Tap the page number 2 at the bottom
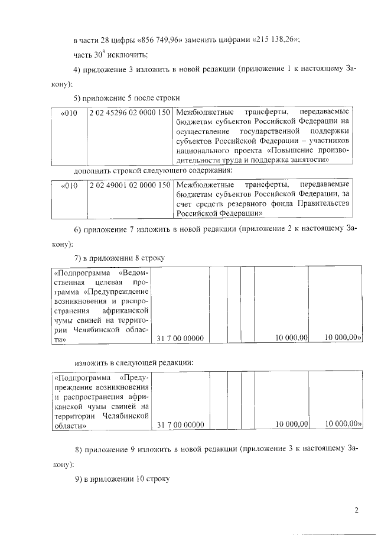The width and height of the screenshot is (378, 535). [x=356, y=510]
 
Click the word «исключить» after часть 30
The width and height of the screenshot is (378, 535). [x=128, y=56]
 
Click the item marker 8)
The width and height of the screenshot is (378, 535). [x=79, y=451]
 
